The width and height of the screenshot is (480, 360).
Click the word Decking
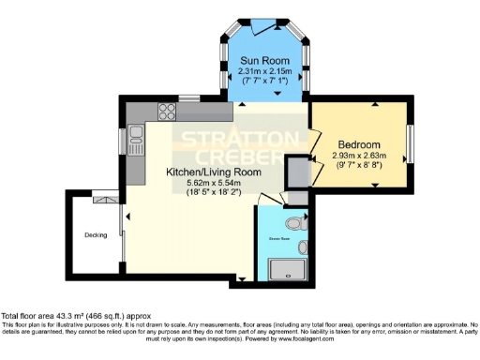[x=96, y=234]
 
